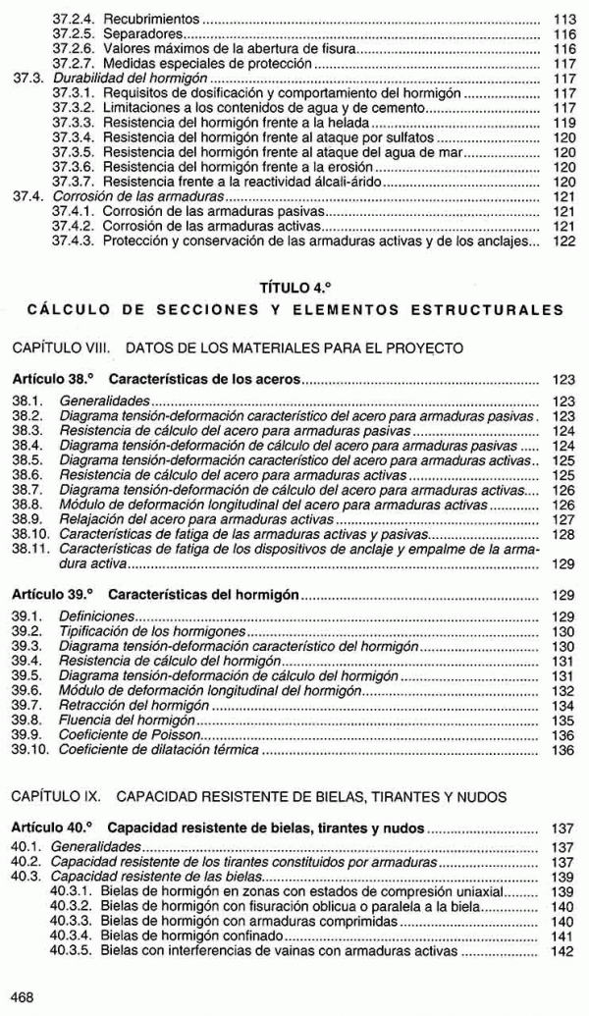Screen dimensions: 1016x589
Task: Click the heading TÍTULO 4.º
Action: point(294,288)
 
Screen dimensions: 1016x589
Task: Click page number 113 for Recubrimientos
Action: point(563,19)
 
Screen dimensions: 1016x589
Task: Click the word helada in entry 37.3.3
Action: point(350,125)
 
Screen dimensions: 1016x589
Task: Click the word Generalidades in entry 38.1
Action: point(105,401)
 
